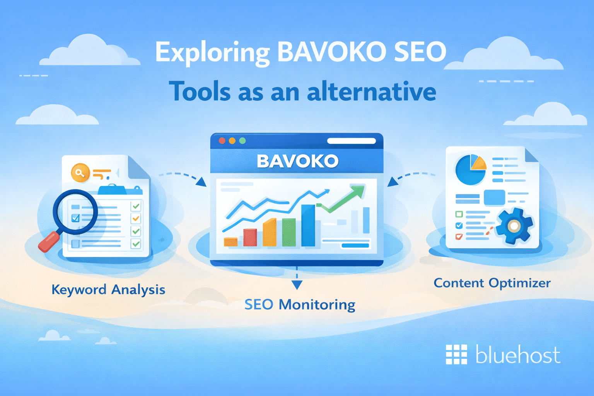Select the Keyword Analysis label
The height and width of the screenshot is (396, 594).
pos(108,290)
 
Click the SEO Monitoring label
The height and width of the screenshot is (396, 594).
pos(300,305)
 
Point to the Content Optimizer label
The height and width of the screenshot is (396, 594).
pos(492,283)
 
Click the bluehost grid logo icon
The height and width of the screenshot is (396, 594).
pos(456,354)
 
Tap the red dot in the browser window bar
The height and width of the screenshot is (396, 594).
pos(222,141)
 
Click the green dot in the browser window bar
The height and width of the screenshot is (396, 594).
pos(242,141)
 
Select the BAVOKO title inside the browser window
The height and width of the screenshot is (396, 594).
pos(297,161)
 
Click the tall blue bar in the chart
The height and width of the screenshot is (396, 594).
pos(308,225)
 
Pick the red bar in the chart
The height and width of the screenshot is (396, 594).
pos(250,237)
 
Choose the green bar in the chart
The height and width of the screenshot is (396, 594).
pos(288,232)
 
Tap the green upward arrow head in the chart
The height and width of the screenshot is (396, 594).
pos(358,191)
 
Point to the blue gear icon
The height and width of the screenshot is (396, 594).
pos(514,226)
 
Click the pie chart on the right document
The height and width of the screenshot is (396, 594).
pos(470,170)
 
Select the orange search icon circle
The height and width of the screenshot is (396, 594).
pos(80,173)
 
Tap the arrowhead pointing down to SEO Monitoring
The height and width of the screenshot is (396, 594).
pos(297,285)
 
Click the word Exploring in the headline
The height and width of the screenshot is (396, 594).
pos(212,53)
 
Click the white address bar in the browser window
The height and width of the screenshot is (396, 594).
pos(351,141)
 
